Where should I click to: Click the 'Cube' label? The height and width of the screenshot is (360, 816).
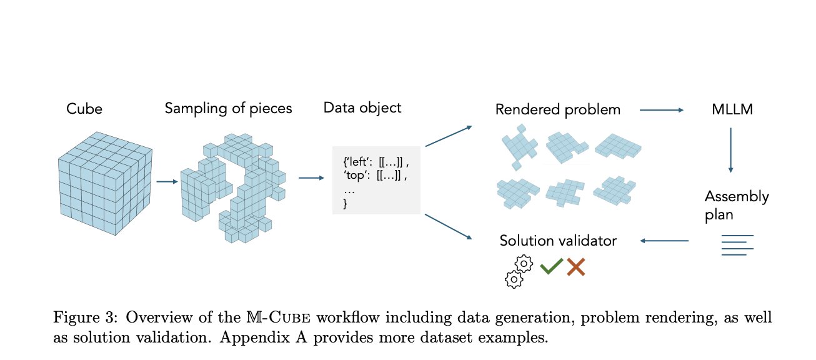[x=84, y=109]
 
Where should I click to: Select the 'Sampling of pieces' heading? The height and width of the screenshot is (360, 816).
[x=229, y=109]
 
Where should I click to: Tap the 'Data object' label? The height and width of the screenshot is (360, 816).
[x=362, y=108]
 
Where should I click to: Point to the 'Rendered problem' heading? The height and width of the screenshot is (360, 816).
[x=558, y=109]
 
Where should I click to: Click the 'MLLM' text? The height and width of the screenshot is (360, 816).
[x=732, y=109]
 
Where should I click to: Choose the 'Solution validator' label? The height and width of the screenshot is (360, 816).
[x=558, y=241]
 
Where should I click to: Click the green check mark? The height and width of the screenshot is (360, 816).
[x=551, y=266]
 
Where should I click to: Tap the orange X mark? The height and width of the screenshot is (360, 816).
[x=576, y=267]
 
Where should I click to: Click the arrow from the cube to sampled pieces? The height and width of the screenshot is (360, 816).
[x=167, y=181]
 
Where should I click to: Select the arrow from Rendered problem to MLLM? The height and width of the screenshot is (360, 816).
[x=662, y=110]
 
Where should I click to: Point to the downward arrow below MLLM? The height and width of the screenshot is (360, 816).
[x=730, y=150]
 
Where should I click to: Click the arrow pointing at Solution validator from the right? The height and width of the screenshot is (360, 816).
[x=664, y=241]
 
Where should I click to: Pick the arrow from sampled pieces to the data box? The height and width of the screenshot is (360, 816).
[x=311, y=178]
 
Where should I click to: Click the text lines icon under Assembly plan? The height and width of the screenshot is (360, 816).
[x=737, y=245]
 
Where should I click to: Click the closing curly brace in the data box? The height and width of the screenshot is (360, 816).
[x=345, y=203]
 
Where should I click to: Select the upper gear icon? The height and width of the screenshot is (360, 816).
[x=524, y=264]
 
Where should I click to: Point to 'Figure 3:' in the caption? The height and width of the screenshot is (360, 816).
[x=86, y=317]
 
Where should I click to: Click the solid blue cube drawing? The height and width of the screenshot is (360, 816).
[x=105, y=183]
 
